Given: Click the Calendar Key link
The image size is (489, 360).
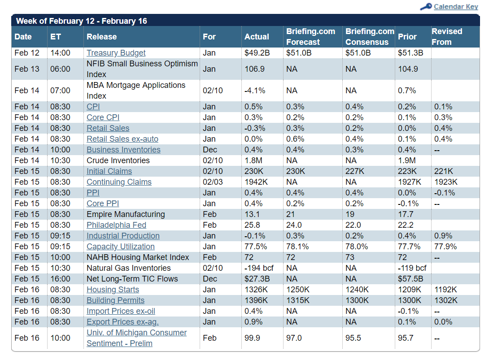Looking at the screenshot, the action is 456,7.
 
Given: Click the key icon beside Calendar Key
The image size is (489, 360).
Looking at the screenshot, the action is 426,7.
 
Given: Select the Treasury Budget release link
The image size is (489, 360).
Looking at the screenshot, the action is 116,53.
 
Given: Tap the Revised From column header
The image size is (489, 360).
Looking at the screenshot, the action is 447,37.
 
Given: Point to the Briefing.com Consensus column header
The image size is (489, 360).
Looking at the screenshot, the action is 370,37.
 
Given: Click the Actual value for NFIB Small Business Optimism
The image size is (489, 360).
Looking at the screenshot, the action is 254,69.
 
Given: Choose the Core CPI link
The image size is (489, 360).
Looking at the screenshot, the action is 103,117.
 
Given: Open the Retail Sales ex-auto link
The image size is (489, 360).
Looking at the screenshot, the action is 122,139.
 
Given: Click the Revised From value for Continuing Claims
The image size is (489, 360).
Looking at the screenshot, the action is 445,182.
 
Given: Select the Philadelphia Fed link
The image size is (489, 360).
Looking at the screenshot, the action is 116,225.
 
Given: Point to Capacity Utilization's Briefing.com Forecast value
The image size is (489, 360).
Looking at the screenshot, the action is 297,247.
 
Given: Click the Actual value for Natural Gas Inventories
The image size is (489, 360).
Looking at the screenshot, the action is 259,268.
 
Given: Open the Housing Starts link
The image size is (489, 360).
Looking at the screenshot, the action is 113,290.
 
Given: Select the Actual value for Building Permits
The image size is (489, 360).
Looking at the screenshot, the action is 256,300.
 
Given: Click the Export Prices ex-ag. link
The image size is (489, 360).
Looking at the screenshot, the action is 122,322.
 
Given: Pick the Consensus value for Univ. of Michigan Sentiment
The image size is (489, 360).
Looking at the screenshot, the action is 353,338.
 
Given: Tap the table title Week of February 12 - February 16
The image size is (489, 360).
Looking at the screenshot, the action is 81,21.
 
